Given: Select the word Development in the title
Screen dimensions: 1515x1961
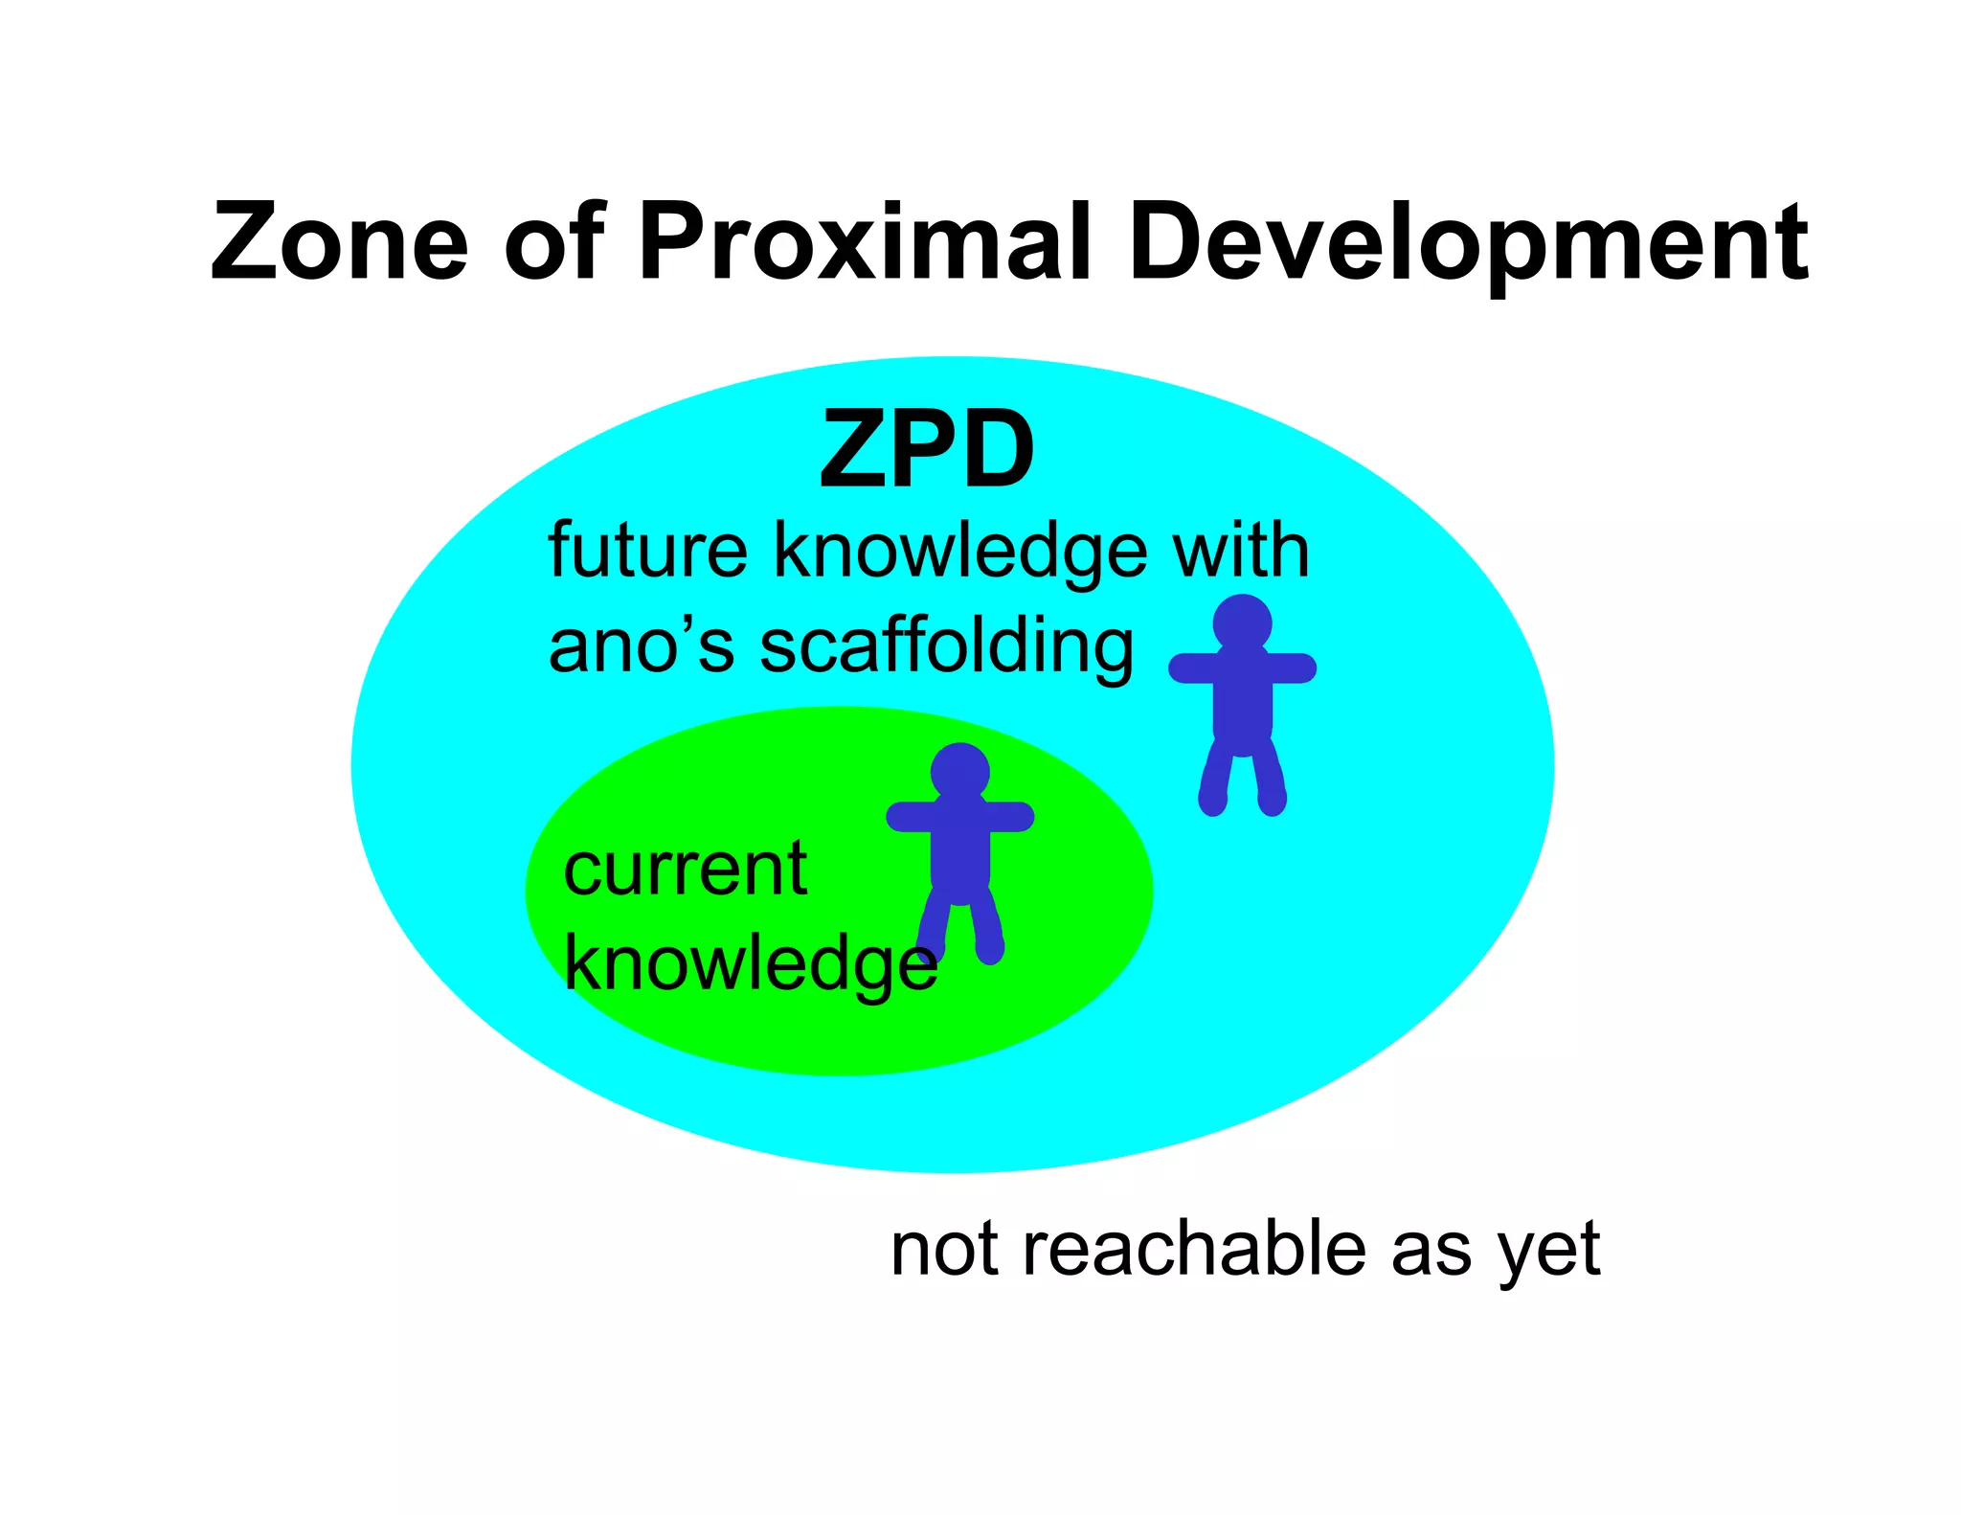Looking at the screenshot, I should click(1467, 244).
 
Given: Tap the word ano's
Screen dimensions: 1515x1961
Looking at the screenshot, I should click(641, 646).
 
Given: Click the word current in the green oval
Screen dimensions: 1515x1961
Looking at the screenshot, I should click(685, 870).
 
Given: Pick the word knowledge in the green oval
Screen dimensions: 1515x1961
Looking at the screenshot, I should click(750, 965).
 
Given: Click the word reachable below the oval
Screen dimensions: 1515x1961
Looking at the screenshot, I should click(1195, 1250).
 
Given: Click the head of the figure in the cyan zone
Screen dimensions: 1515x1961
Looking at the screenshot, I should click(1242, 622).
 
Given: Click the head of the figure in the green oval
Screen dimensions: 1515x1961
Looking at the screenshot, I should click(959, 771).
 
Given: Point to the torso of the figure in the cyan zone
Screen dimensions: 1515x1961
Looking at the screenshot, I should click(1242, 704).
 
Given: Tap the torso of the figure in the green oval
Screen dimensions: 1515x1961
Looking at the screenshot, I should click(959, 852).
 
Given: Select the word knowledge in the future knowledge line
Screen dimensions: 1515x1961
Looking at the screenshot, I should click(960, 553).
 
